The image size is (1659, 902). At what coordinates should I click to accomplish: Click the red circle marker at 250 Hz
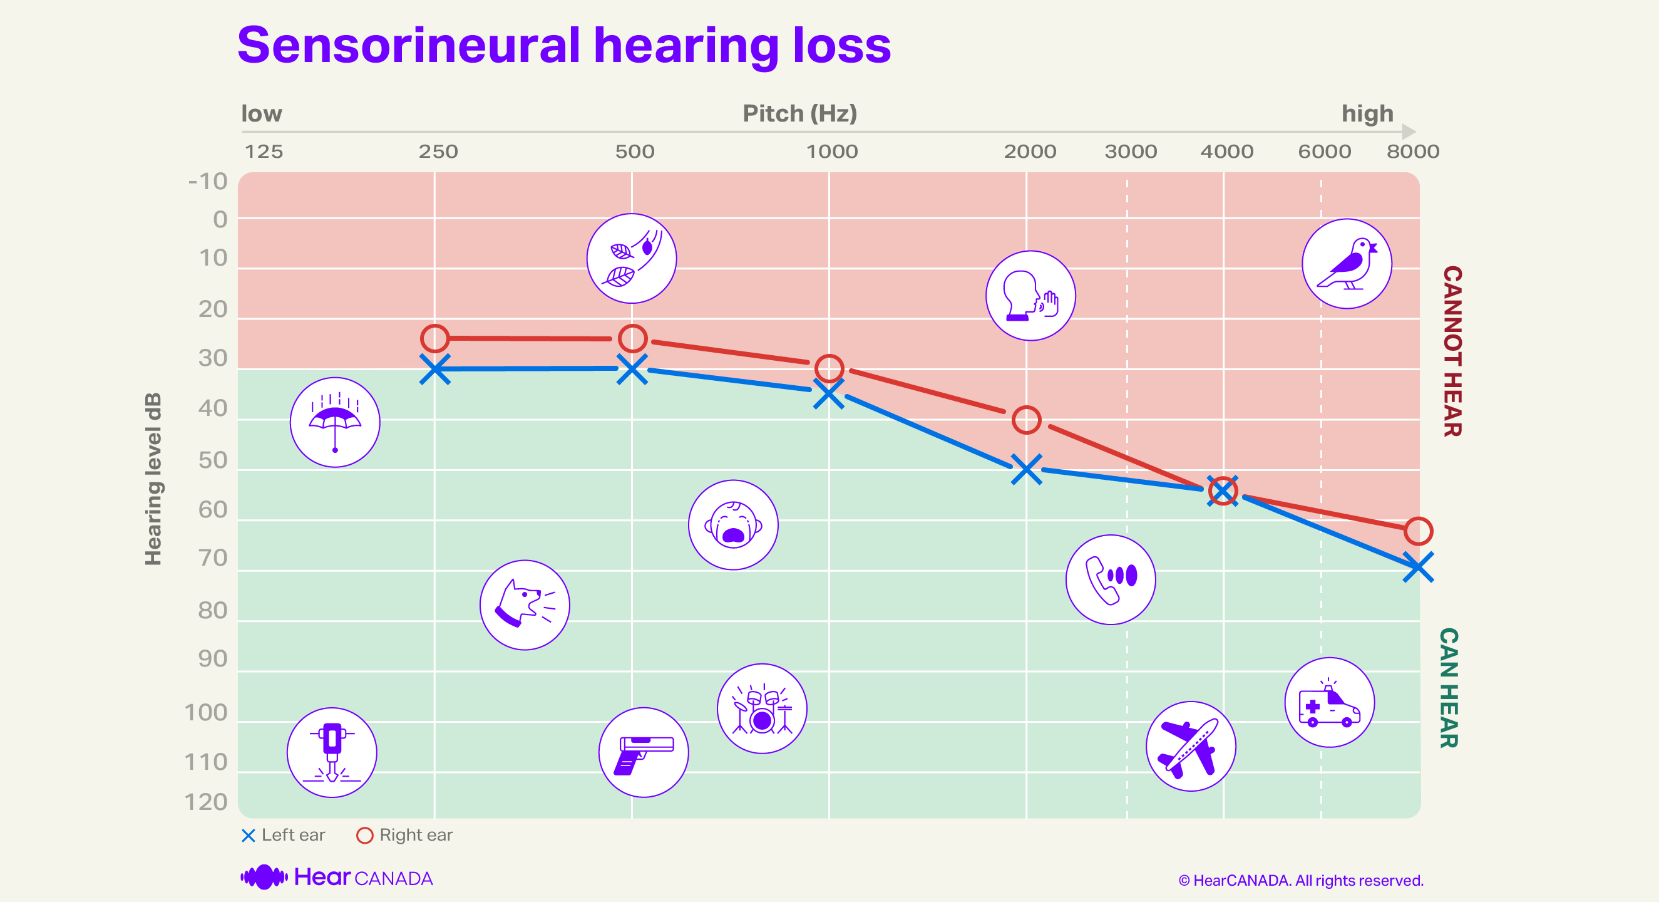[434, 338]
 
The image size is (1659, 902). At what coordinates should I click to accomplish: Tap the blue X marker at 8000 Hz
[1417, 567]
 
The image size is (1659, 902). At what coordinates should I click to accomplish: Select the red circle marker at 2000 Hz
[1026, 420]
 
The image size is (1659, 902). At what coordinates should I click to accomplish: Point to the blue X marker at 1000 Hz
[829, 393]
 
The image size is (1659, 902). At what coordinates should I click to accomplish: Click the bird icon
[1347, 264]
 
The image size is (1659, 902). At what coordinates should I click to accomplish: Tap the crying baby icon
[733, 524]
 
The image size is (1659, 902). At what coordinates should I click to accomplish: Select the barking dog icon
[524, 604]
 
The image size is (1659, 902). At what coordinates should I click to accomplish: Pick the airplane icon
[1190, 746]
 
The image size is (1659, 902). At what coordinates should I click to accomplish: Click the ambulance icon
[1329, 702]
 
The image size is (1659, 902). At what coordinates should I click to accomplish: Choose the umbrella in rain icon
[334, 422]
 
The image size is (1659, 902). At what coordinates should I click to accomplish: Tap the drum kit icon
[762, 708]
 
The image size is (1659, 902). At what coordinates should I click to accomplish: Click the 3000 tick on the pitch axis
[1130, 152]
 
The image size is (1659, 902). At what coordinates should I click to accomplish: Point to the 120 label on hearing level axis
[206, 802]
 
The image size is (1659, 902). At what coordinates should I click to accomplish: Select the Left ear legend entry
[284, 835]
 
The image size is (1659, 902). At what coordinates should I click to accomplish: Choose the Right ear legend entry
[405, 835]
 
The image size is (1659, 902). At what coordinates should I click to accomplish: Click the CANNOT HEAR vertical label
[1452, 351]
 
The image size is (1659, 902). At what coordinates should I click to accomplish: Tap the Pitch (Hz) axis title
[800, 113]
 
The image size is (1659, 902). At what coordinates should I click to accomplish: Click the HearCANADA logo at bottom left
[336, 878]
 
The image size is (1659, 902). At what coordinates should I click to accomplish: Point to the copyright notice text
[1300, 880]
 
